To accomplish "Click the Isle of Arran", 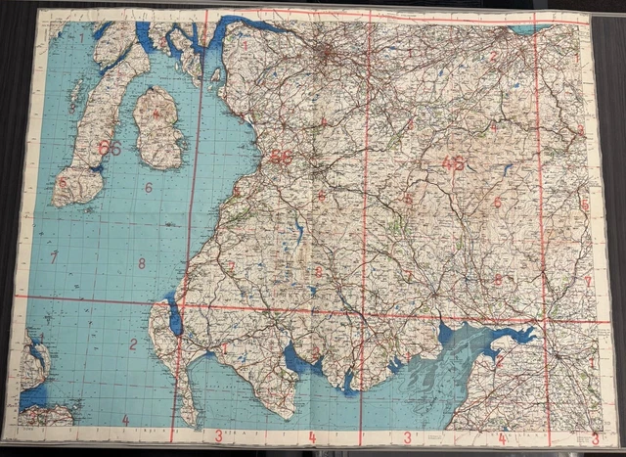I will (x=156, y=127).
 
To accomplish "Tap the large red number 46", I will (x=453, y=163).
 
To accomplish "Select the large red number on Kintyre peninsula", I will (x=110, y=148).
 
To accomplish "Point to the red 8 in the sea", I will (x=142, y=262).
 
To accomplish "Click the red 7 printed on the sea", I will (x=55, y=256).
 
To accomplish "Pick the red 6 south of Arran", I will (x=150, y=187).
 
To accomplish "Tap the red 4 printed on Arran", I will (x=156, y=113).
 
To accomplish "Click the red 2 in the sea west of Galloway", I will (x=132, y=343).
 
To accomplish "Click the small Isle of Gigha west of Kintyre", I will (x=75, y=93).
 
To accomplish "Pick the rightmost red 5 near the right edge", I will (x=585, y=205).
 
